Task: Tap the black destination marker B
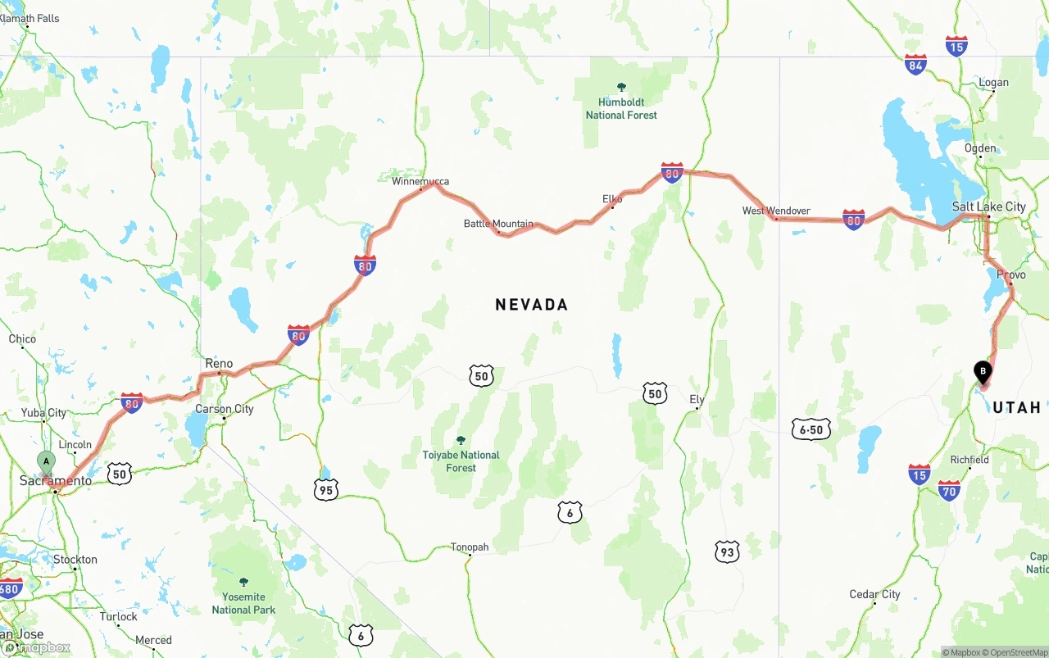coord(982,372)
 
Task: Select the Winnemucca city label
coord(420,181)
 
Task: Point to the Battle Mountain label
coord(498,224)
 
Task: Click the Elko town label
coord(612,199)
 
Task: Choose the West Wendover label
coord(776,211)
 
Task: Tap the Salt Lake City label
coord(988,206)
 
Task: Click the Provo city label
coord(1011,275)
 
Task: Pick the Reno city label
coord(219,363)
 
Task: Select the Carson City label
coord(225,409)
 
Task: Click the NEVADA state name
coord(531,305)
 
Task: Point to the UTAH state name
coord(1016,407)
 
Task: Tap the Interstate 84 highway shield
coord(915,65)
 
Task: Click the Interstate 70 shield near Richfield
coord(949,490)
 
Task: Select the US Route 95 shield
coord(326,489)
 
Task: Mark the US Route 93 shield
coord(726,551)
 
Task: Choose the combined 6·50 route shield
coord(811,429)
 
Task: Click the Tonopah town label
coord(470,547)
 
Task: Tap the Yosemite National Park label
coord(243,603)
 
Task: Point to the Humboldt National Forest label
coord(621,108)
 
